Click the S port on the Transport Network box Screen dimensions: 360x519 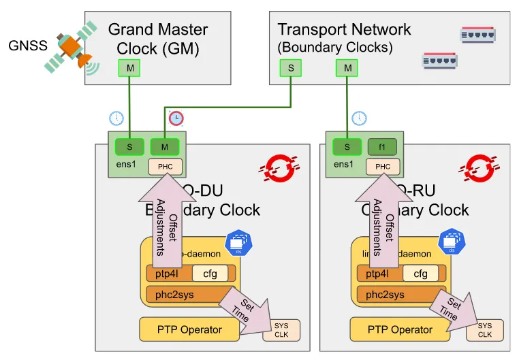(292, 68)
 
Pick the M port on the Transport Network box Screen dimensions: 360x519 (348, 68)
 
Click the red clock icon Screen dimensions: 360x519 (176, 118)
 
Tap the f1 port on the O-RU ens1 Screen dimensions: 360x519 (381, 146)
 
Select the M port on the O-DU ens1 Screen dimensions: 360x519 (164, 146)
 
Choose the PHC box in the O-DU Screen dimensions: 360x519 (166, 165)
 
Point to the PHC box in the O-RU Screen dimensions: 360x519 (383, 165)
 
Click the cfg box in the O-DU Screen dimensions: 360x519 (210, 274)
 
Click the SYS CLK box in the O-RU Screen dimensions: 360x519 (484, 330)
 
